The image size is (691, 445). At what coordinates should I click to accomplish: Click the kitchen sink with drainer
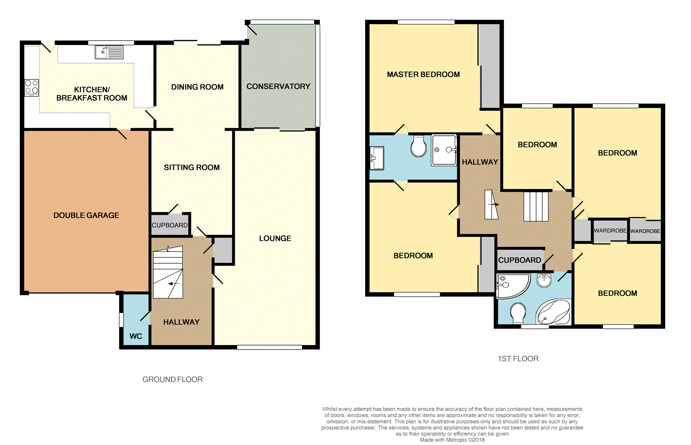coord(109,53)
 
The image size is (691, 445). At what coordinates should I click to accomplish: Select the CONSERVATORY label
coord(278,86)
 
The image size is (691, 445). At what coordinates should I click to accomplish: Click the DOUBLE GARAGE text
coord(86,215)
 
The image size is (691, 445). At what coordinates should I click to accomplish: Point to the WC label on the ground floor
coord(136,336)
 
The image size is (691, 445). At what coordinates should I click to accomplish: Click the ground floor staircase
coord(168,272)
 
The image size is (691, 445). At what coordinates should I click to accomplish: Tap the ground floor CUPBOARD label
coord(170,225)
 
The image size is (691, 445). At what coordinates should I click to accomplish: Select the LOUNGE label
coord(275,238)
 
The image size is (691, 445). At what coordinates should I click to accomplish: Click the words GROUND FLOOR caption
coord(173,380)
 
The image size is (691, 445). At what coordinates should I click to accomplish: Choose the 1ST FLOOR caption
coord(518,359)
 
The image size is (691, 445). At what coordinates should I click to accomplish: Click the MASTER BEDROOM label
coord(423,74)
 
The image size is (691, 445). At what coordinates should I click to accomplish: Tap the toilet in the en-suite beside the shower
coord(419,146)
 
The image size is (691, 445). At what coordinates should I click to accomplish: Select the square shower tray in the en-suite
coord(444,150)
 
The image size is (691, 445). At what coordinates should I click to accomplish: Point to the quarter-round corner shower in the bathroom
coord(513,286)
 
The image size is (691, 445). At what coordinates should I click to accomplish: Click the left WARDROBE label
coord(610,231)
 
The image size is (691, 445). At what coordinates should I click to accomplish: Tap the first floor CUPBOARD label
coord(520,260)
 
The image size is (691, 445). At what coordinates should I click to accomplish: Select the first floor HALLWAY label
coord(480,162)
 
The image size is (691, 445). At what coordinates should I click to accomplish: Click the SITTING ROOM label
coord(192,167)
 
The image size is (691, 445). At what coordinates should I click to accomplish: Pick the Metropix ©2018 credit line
coord(452,440)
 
